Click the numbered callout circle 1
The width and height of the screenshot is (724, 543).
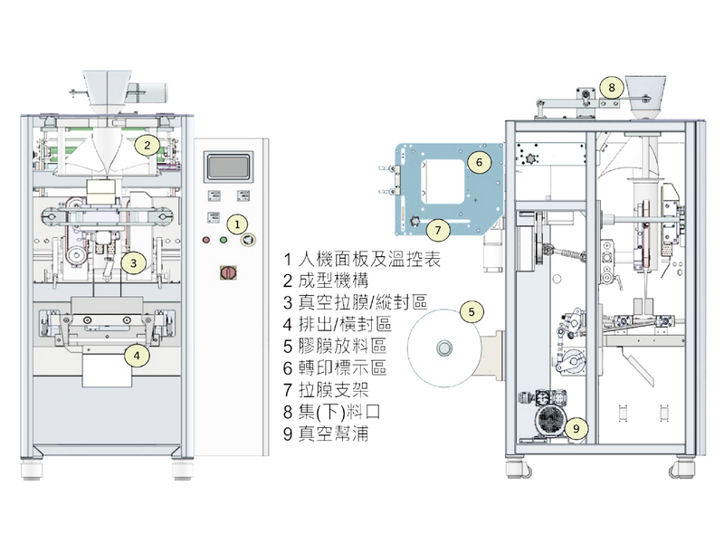coord(234,222)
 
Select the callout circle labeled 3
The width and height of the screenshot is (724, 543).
coord(133,263)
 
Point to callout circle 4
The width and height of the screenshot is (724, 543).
coord(136,356)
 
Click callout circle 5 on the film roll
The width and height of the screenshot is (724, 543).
coord(472,311)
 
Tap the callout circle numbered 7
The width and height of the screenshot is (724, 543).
coord(435,230)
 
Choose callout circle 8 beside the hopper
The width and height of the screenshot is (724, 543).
coord(612,88)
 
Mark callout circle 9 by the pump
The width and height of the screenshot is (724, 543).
coord(578,425)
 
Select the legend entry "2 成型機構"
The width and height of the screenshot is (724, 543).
coord(327,281)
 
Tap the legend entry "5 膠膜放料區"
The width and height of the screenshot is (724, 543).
coord(335,347)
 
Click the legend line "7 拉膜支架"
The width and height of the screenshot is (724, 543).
coord(327,390)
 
